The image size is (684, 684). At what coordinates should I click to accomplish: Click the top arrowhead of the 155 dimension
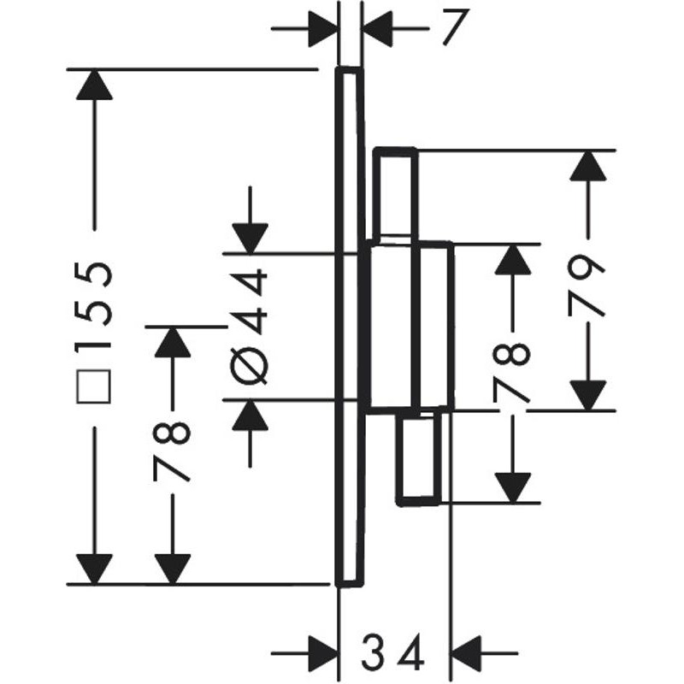click(94, 85)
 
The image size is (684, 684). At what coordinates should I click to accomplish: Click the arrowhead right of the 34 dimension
click(469, 656)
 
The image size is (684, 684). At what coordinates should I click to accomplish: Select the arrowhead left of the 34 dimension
click(321, 656)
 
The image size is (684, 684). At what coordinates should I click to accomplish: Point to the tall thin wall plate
click(350, 325)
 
